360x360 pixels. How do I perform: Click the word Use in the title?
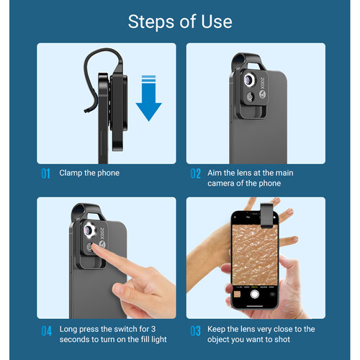217,22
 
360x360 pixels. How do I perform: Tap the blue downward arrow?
149,98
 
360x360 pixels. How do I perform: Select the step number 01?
45,174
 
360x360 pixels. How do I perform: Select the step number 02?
195,174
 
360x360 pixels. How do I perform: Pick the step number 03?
195,331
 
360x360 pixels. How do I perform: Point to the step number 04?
46,331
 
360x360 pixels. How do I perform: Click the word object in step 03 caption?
217,340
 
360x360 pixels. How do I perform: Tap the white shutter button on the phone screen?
255,294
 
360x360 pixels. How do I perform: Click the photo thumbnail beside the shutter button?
237,294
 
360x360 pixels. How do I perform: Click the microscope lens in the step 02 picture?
249,80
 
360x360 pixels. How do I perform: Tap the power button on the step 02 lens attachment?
250,97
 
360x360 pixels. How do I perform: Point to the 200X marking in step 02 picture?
262,84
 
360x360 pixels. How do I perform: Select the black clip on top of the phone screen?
266,215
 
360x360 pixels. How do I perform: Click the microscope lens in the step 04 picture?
89,230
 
